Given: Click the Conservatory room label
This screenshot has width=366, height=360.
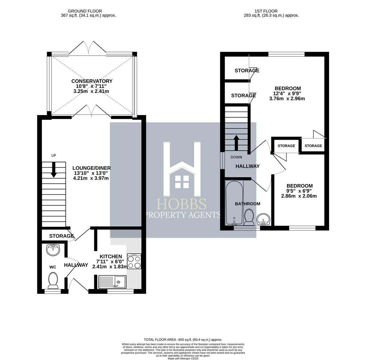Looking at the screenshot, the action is tap(92, 81).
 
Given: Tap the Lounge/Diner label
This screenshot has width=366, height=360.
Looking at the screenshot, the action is tap(92, 168).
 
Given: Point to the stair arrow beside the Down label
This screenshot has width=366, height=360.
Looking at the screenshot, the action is tap(236, 143).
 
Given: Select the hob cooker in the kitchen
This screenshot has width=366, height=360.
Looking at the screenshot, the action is tap(134, 261).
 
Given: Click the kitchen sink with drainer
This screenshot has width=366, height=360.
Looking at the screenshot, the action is tap(113, 282).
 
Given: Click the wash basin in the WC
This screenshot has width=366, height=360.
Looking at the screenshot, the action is tap(53, 250).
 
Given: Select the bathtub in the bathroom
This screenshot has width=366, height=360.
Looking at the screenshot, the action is tap(234, 203).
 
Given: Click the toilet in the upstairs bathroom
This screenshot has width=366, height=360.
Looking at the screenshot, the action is tap(249, 217).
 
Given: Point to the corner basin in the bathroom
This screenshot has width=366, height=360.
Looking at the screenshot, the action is tap(263, 219).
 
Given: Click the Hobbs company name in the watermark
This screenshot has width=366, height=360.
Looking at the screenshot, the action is tap(182, 204).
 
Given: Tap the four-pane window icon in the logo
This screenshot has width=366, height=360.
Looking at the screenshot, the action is tap(182, 182).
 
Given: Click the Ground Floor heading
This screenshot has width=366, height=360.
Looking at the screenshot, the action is tap(85, 11).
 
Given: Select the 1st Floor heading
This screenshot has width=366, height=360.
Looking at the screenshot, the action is tap(266, 11).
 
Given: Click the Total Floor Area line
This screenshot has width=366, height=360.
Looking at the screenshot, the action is tap(183, 340).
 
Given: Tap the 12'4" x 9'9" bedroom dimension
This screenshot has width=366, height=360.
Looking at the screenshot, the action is tap(287, 93).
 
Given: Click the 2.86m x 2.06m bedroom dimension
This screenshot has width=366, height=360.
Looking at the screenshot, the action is tap(299, 196).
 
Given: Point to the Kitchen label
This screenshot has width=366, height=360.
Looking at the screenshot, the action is tap(111, 257).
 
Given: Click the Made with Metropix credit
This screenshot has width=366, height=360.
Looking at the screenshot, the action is tap(183, 358).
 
